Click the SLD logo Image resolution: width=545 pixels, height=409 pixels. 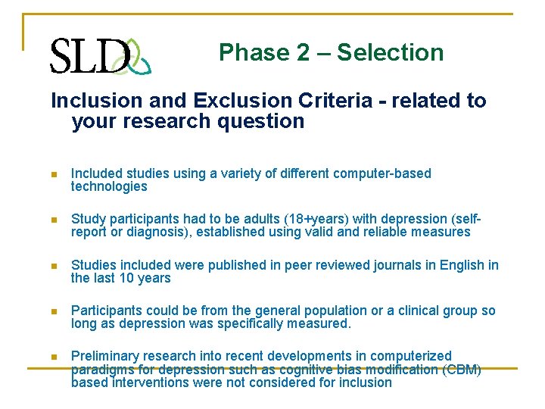click(101, 55)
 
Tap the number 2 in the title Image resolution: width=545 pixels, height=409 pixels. click(302, 52)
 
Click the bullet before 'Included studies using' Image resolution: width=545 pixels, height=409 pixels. click(54, 174)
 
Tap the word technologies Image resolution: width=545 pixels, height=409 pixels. click(109, 186)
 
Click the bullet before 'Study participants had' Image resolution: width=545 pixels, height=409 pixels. click(54, 220)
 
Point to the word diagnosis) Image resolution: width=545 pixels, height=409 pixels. click(158, 232)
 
